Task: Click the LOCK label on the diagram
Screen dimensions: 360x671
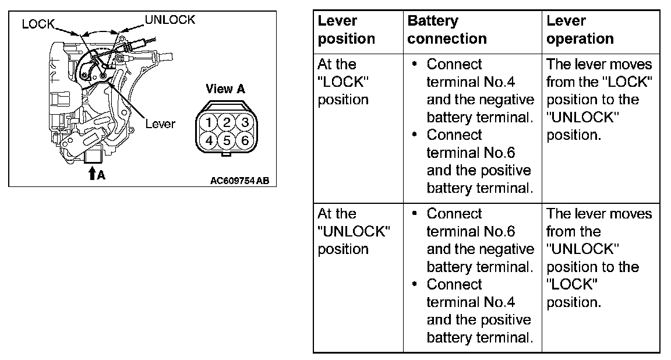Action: tap(38, 24)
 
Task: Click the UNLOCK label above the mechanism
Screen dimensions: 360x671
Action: tap(169, 20)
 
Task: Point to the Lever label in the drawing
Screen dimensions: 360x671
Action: tap(160, 124)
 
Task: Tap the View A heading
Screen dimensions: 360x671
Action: tap(225, 89)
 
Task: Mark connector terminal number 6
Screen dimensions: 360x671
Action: tap(245, 140)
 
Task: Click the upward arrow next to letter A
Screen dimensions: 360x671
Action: tap(91, 173)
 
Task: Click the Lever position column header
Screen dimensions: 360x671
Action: tap(346, 30)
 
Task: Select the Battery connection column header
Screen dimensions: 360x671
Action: tap(447, 30)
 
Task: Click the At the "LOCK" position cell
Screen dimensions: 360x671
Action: tap(343, 82)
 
